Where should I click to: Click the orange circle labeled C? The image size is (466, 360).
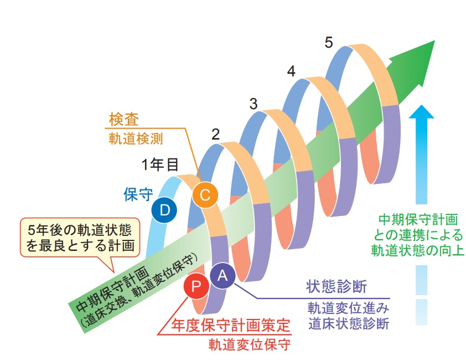point(205,195)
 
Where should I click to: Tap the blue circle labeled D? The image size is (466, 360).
point(164,210)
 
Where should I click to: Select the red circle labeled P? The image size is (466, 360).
point(196,286)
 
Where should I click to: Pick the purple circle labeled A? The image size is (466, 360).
point(222,276)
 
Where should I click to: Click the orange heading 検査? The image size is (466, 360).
point(124,119)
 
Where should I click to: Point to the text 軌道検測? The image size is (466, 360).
point(136,138)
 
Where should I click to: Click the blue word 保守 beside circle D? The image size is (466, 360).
point(138,194)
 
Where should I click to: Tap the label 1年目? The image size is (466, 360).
point(160,164)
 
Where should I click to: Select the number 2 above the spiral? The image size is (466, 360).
point(215,135)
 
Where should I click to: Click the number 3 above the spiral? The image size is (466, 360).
point(253,104)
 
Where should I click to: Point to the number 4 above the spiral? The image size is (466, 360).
point(291,71)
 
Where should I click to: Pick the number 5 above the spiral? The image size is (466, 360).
point(328,43)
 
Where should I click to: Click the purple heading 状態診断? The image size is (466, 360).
point(336,286)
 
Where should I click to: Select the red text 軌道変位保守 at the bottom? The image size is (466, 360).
point(250,345)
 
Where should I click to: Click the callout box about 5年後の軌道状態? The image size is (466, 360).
point(80,238)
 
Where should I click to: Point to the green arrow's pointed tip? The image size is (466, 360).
point(434,41)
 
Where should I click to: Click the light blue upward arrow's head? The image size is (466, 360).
point(421,111)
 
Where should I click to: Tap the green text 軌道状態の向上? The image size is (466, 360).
point(417,250)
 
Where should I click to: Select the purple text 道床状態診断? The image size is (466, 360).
point(349,323)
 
